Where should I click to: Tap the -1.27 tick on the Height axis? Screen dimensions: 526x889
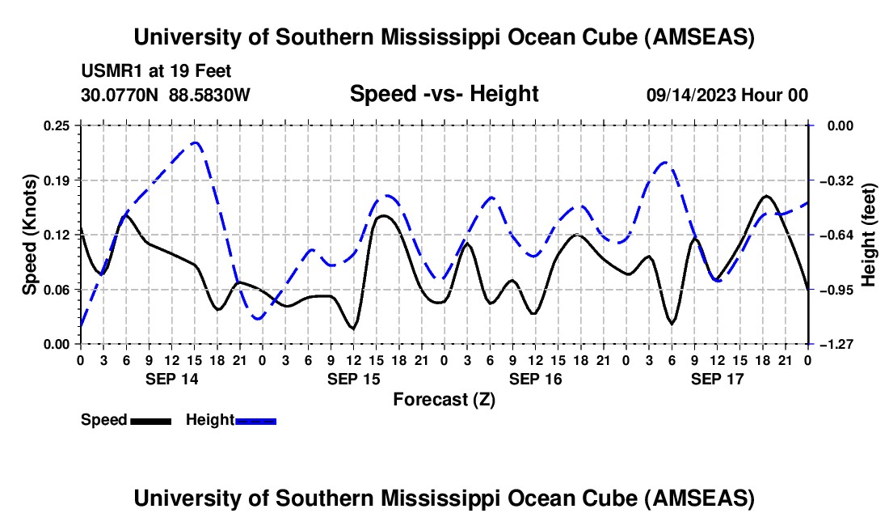(831, 344)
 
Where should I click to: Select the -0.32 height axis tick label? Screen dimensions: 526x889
(831, 180)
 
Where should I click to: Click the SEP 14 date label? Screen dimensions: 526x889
(171, 378)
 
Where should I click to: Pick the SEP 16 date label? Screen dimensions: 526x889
(535, 378)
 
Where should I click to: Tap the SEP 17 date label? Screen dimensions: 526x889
(717, 378)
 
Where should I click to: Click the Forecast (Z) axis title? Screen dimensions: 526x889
(444, 399)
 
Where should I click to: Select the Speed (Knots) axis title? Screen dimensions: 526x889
(30, 235)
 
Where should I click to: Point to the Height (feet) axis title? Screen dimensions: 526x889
(869, 235)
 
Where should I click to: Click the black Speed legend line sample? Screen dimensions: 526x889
(150, 421)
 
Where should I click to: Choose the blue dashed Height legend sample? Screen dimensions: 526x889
(256, 421)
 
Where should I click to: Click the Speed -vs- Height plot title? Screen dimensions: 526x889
(444, 95)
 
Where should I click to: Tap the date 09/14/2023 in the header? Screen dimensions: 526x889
(692, 95)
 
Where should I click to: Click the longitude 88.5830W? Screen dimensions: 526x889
(210, 95)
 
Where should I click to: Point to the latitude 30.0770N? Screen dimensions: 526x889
(121, 95)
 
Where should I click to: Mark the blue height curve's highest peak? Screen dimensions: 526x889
(195, 142)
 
